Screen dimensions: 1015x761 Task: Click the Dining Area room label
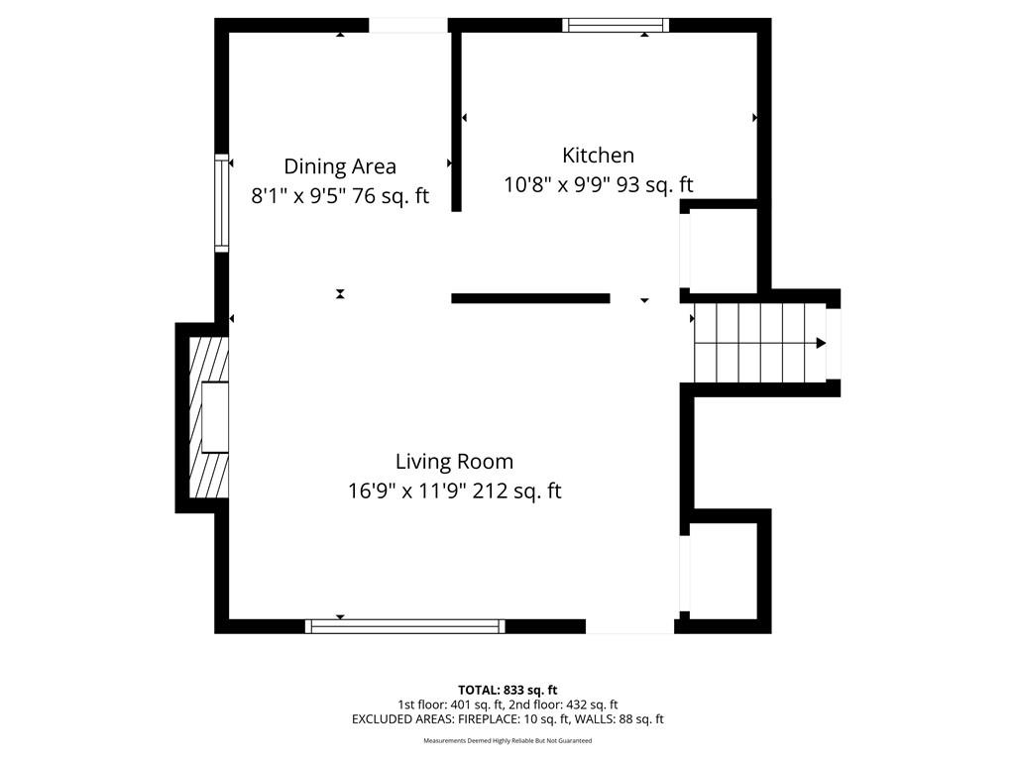click(340, 166)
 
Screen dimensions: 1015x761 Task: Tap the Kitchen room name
click(598, 156)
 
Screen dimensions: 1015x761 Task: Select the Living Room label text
click(454, 462)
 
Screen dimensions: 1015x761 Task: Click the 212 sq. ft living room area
click(516, 491)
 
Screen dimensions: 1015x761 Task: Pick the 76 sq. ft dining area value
click(391, 196)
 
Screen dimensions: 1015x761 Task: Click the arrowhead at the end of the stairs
click(821, 343)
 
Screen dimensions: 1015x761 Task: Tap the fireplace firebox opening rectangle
click(215, 417)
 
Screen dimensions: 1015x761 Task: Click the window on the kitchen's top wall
click(616, 25)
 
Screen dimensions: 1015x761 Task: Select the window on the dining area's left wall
click(221, 203)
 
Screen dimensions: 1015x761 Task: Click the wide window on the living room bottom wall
click(405, 626)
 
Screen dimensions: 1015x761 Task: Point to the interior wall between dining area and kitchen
click(456, 122)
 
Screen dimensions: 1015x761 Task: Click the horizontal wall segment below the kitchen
click(531, 298)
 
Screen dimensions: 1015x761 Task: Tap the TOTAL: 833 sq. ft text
click(507, 690)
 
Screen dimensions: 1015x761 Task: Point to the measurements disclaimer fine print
click(507, 741)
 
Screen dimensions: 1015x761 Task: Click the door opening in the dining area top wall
click(408, 25)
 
